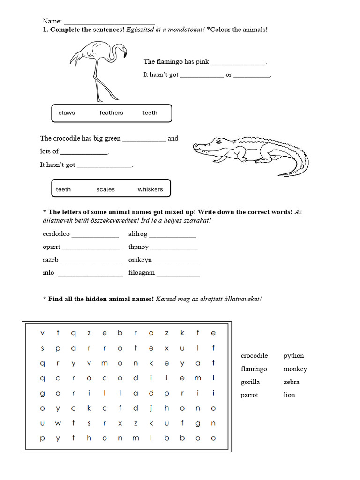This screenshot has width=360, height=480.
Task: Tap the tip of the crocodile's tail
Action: click(x=280, y=175)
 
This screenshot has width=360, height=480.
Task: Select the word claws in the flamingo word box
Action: click(x=67, y=113)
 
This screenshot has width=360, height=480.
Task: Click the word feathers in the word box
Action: click(x=111, y=113)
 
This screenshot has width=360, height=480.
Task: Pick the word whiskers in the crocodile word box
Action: click(x=150, y=190)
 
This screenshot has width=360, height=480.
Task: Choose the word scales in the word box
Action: click(x=105, y=190)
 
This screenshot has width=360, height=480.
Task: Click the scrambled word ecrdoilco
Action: click(x=56, y=234)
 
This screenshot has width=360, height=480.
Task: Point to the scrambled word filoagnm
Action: click(x=141, y=273)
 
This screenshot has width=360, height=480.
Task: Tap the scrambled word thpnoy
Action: click(x=138, y=247)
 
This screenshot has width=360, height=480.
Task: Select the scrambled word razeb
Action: click(x=51, y=260)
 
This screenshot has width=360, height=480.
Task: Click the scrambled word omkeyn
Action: click(x=140, y=260)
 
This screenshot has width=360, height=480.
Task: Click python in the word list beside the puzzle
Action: click(x=293, y=356)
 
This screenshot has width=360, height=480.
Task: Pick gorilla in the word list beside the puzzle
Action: click(x=250, y=382)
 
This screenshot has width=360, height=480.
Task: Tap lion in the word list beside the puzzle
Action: click(x=289, y=395)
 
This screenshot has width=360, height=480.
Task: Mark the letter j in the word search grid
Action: click(x=151, y=408)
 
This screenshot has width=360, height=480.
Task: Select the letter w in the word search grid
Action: click(x=58, y=423)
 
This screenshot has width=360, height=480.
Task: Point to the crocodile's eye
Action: click(x=217, y=141)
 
